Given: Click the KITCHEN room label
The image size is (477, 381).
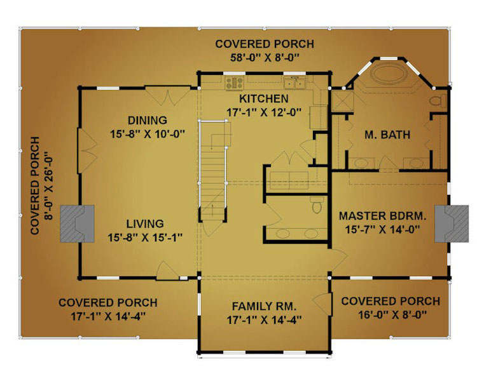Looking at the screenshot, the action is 264,99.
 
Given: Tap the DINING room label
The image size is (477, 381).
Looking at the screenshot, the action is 148,120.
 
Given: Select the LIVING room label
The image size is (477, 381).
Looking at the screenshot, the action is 145,224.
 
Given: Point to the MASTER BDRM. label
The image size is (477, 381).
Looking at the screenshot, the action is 383,216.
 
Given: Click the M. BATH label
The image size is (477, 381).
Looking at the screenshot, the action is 387,135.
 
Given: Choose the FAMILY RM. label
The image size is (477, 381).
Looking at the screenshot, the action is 264,306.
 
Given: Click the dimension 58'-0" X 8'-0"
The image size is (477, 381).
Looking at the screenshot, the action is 265,57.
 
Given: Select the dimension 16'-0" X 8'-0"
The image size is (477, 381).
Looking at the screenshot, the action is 392,315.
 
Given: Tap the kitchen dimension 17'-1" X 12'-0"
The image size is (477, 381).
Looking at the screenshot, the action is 264,112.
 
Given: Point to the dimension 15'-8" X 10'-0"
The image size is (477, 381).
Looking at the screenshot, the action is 148,134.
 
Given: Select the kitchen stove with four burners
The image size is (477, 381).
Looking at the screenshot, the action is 234,83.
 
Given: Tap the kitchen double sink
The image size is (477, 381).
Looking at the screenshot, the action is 294,84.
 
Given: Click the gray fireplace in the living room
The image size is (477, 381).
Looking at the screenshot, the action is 77,224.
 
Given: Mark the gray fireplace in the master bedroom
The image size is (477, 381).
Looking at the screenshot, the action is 452,224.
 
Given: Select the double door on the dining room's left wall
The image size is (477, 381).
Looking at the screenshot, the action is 87,151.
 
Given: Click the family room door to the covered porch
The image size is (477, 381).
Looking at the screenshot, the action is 322,304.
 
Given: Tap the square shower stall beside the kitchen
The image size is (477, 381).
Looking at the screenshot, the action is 342,101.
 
